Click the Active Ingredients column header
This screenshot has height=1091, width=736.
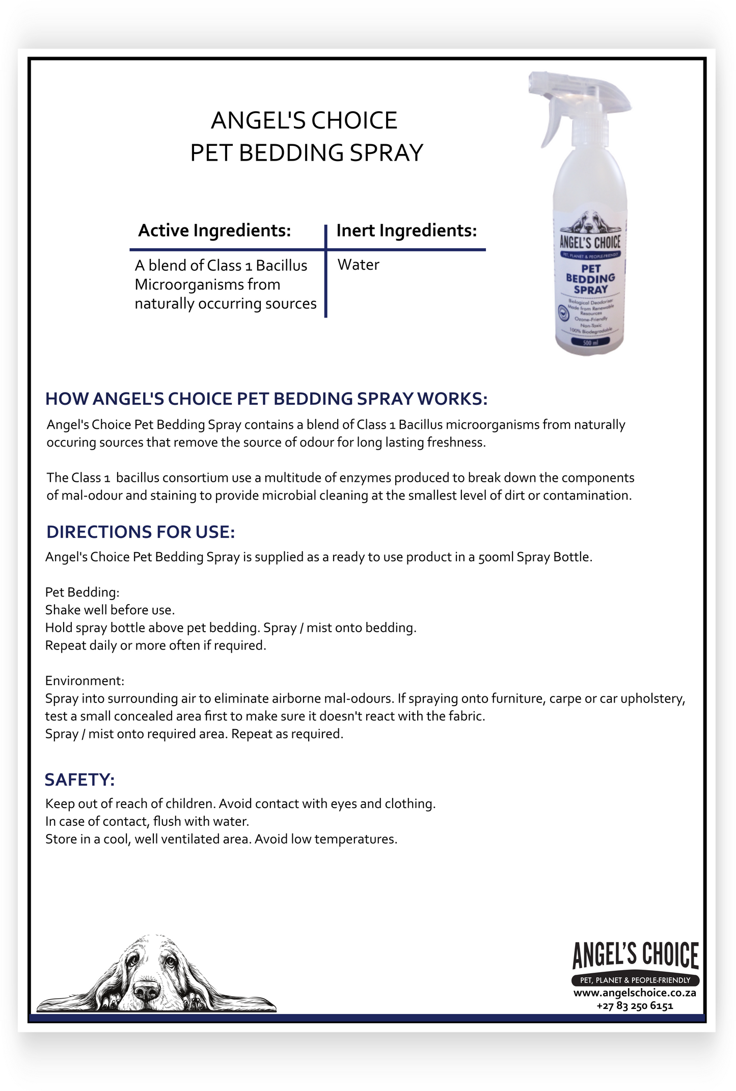[214, 230]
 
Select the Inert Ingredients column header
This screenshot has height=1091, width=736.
[406, 230]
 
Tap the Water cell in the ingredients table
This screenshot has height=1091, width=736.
[358, 265]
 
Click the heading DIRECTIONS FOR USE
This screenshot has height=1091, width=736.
[141, 532]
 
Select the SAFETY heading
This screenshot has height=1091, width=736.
[79, 780]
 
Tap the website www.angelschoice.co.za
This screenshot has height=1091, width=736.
[635, 993]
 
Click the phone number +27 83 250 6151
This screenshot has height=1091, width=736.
[635, 1006]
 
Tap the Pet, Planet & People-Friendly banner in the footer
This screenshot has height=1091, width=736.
[635, 980]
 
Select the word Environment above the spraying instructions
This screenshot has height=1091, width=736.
[84, 681]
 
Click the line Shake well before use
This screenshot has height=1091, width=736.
[110, 610]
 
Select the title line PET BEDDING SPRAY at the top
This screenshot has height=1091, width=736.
[307, 152]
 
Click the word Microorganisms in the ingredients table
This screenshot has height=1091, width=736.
[207, 284]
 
